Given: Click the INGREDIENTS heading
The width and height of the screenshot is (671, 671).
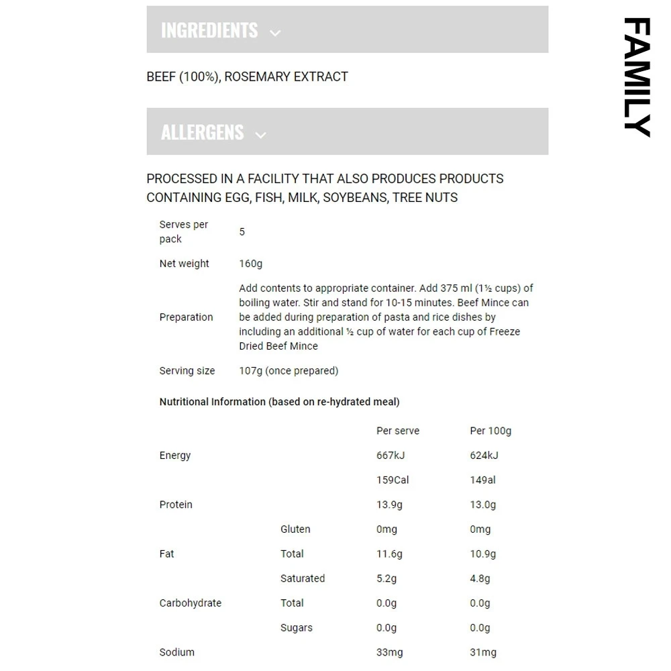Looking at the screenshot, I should click(209, 30).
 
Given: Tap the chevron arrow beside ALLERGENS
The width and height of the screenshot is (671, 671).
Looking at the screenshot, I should click(261, 135).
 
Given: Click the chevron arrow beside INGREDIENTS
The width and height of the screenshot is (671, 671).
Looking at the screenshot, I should click(275, 33).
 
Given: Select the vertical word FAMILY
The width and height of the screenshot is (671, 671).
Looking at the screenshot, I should click(637, 77).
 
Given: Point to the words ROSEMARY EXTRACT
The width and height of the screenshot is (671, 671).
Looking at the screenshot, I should click(287, 76).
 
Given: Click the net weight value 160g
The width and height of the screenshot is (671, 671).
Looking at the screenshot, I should click(250, 264).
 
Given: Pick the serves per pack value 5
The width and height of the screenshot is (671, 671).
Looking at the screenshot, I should click(242, 231).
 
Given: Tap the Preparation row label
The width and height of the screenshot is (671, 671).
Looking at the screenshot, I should click(186, 317).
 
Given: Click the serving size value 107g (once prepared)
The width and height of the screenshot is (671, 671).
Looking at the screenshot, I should click(289, 370).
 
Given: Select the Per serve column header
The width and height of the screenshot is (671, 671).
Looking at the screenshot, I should click(398, 431).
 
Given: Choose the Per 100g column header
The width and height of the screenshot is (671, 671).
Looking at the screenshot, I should click(491, 431).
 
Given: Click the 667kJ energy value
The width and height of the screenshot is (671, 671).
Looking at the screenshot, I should click(391, 455).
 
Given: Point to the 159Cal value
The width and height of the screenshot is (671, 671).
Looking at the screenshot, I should click(393, 480).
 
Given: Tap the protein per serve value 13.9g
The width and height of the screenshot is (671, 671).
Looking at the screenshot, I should click(389, 505).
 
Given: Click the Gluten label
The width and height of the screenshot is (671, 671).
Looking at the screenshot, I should click(295, 529).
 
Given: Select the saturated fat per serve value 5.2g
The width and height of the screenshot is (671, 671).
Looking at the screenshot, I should click(386, 578).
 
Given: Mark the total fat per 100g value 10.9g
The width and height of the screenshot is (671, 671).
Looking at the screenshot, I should click(482, 554).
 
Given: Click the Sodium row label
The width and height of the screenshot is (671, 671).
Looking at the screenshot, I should click(177, 652).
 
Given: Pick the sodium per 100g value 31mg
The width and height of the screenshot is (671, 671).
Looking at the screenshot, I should click(483, 652).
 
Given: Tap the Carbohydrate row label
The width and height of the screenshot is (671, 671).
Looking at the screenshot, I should click(190, 603).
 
